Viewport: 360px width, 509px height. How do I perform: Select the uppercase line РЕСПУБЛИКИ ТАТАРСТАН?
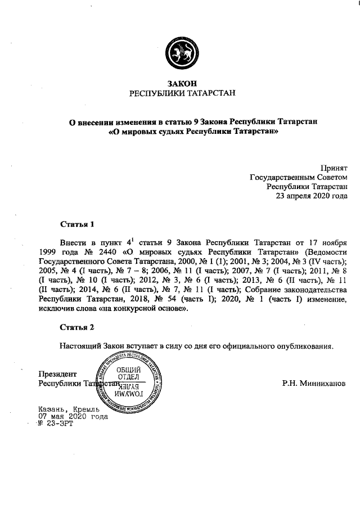[x=180, y=93]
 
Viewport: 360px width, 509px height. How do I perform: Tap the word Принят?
[x=334, y=168]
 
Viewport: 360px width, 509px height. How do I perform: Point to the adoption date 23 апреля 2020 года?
[x=311, y=196]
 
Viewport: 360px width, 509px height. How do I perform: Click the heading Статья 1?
[x=77, y=223]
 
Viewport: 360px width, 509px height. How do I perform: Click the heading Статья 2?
[x=77, y=327]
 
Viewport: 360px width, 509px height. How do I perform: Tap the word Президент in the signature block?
[x=56, y=374]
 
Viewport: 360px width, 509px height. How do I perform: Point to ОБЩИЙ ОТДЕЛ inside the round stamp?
[x=128, y=372]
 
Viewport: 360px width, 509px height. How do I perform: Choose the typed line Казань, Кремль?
[x=68, y=409]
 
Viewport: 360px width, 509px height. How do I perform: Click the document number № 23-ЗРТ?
[x=56, y=424]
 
